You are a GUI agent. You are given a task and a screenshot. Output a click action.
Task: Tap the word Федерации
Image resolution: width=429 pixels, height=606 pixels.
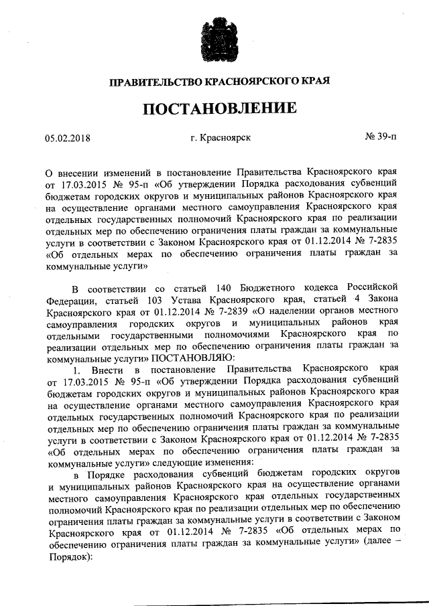(x=72, y=300)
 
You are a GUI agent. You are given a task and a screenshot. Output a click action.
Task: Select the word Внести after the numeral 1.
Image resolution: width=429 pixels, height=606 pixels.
(x=104, y=369)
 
